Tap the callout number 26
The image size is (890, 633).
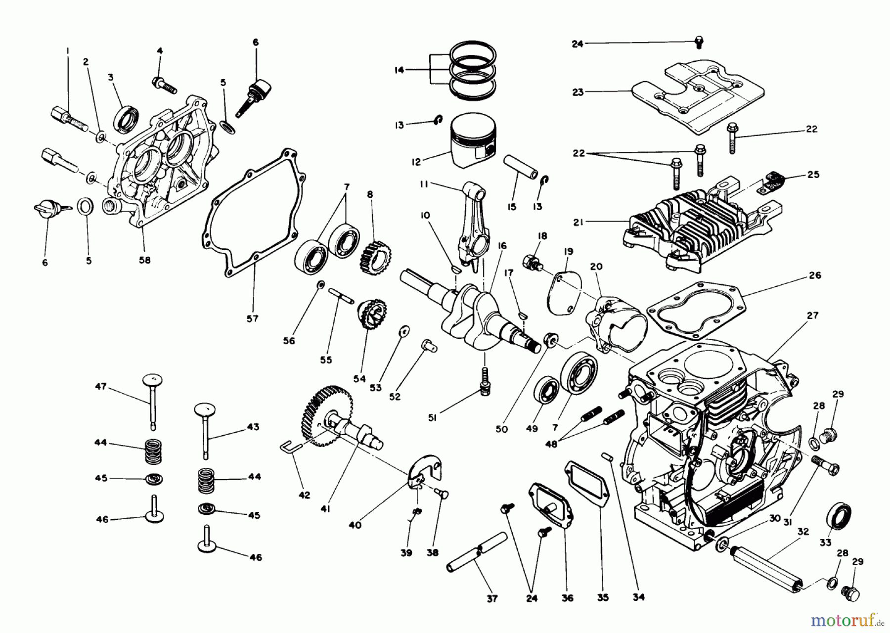814,275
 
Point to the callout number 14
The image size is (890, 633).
399,70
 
